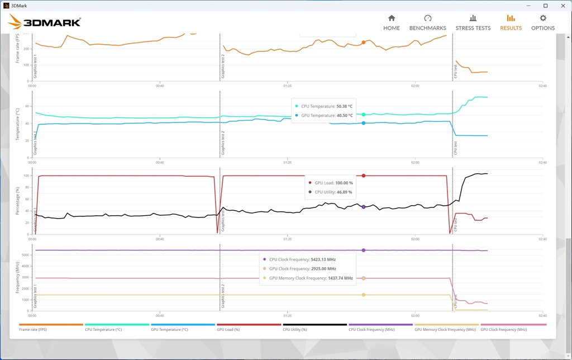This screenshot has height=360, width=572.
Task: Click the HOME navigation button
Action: point(391,22)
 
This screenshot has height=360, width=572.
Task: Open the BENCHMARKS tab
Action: point(427,22)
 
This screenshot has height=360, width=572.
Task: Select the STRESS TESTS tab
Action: point(473,22)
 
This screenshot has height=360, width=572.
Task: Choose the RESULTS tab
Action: point(511,22)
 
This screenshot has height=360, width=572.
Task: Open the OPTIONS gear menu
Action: point(542,22)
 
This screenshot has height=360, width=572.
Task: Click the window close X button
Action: point(561,6)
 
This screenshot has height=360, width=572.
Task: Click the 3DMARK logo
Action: point(45,22)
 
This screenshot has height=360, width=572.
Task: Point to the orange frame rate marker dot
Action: point(363,42)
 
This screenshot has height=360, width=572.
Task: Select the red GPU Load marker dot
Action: point(363,176)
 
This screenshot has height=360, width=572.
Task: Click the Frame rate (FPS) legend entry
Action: point(34,330)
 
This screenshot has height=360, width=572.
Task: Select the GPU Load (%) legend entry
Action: point(229,330)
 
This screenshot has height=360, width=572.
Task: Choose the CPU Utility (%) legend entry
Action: point(295,330)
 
